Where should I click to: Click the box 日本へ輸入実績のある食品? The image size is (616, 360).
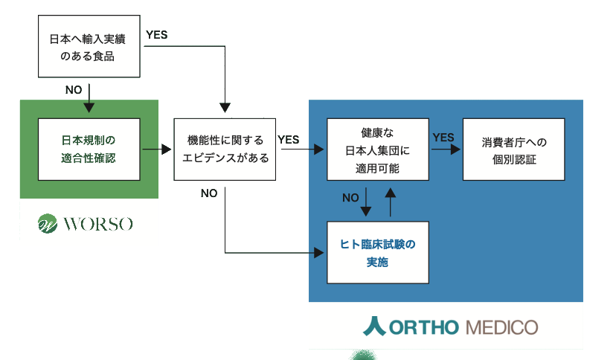coord(88,46)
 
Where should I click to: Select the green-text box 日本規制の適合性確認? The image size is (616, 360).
coord(89,149)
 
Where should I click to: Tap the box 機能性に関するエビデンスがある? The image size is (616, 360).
coord(224,149)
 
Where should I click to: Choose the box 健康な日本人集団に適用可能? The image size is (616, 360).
coord(377,149)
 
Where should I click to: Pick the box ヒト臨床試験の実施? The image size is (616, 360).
coord(377,253)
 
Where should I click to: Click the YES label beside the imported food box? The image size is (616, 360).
coord(156,34)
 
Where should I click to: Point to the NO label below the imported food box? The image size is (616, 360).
coord(74,90)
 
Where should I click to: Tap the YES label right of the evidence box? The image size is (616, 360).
coord(288,139)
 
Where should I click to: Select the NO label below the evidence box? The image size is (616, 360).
coord(209,193)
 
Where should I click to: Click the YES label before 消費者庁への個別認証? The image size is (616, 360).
coord(443,138)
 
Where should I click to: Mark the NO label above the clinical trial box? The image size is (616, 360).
coord(350,198)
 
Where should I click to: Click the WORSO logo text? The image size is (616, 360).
coord(98,223)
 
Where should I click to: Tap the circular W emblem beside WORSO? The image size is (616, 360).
coord(48,223)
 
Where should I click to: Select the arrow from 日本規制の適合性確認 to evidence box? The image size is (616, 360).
coord(156,149)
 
